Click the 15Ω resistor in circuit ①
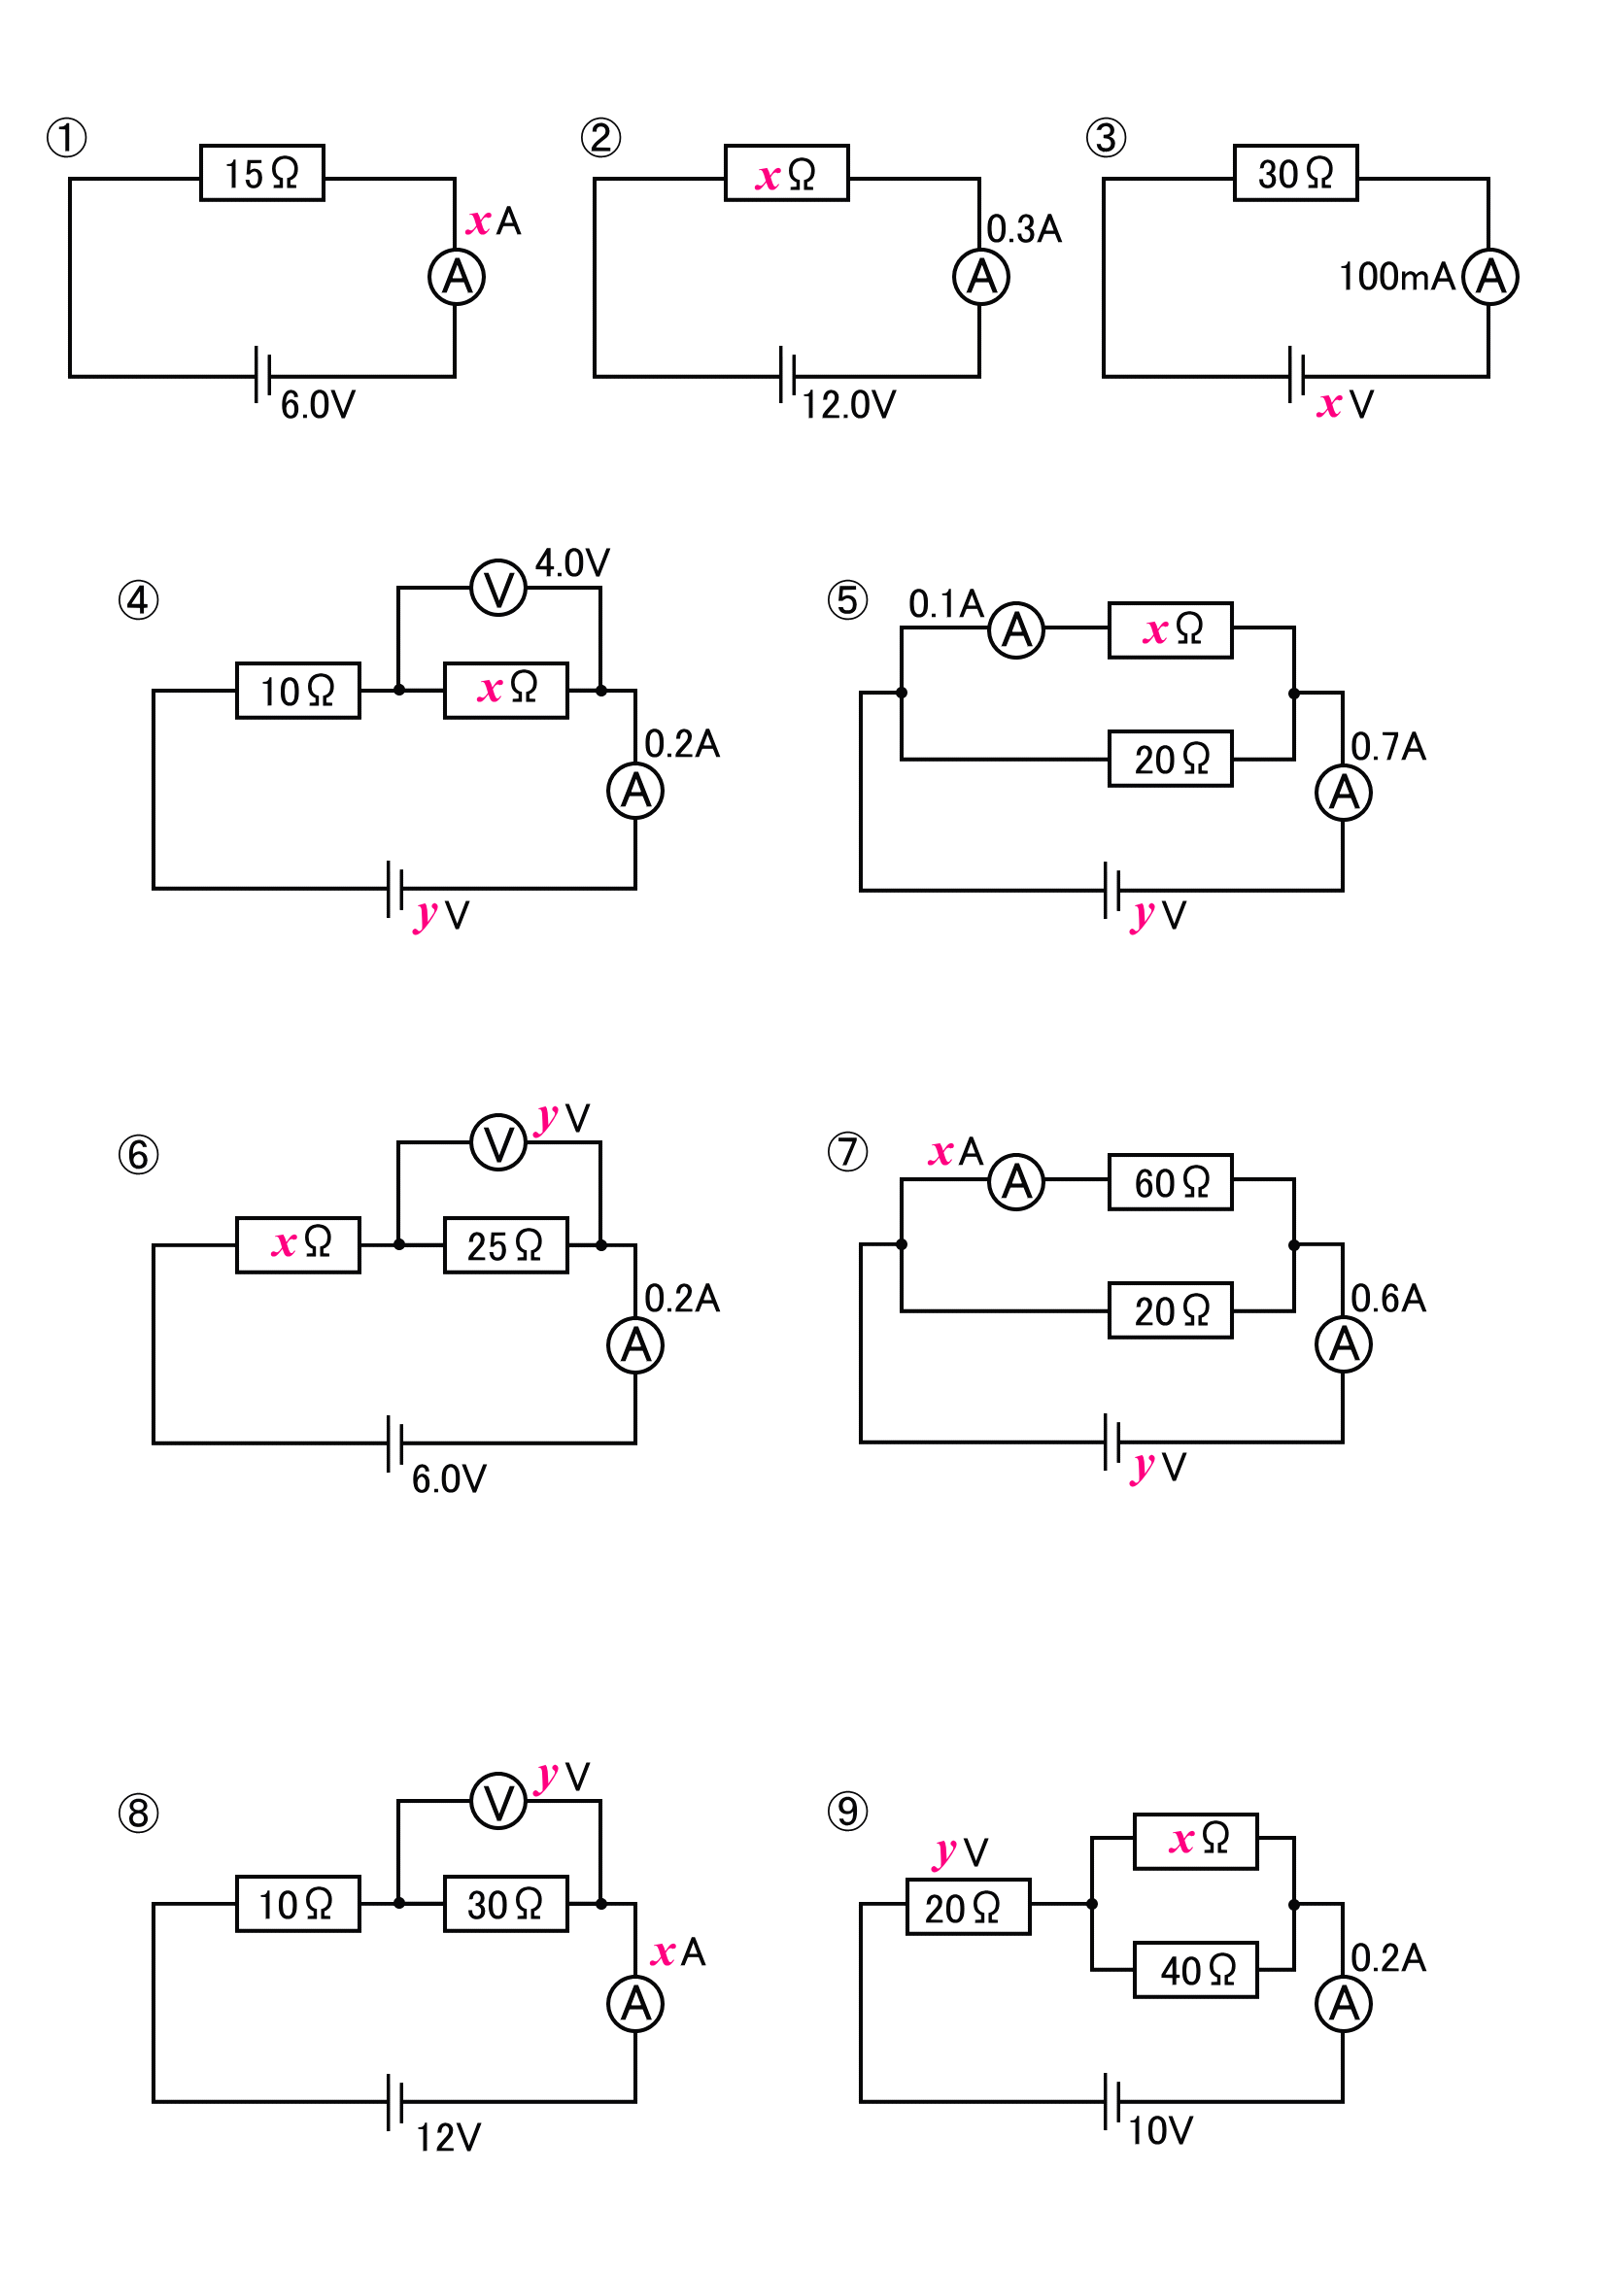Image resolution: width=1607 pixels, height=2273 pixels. pos(261,173)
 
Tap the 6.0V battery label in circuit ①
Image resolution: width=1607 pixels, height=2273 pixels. pos(317,404)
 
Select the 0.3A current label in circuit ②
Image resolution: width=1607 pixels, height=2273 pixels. pos(1023,228)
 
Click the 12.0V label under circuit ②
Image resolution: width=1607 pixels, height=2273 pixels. pos(847,404)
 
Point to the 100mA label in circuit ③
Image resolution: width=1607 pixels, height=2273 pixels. pos(1396,276)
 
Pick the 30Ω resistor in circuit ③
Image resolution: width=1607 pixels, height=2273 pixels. pos(1294,173)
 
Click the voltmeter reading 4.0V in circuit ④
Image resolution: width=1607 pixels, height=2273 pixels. pos(498,588)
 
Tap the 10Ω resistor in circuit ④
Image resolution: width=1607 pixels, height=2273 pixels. pos(297,690)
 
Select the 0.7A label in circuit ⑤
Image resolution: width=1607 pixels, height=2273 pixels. pos(1387,746)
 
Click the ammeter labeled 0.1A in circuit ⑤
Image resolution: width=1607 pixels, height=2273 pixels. pos(1016,629)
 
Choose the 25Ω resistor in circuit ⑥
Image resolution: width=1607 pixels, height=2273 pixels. pos(505,1244)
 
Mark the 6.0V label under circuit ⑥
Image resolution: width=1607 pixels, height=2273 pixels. pos(449,1479)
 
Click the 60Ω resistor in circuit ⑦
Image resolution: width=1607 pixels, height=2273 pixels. pos(1170,1182)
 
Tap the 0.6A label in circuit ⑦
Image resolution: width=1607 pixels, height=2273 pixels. pos(1387,1298)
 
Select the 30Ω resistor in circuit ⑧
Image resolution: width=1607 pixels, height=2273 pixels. pos(505,1903)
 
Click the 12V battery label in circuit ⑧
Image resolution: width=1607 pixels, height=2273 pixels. pos(448,2137)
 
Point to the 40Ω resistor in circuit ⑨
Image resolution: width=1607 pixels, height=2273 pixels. pos(1195,1970)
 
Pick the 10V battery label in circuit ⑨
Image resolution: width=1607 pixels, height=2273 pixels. pos(1159,2130)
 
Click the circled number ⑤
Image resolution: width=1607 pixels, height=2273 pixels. pos(846,600)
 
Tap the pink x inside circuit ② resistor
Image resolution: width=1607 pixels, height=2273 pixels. pos(768,176)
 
